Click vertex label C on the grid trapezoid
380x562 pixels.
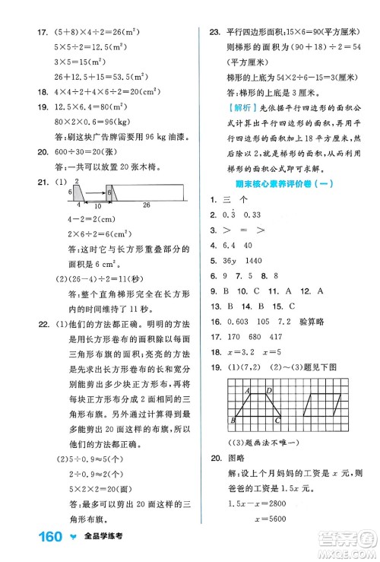tap(277, 420)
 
